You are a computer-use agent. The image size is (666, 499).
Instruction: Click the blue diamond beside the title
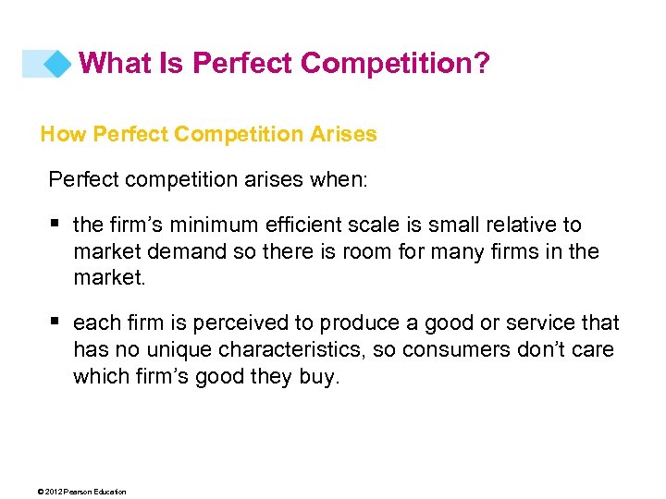click(x=57, y=64)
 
